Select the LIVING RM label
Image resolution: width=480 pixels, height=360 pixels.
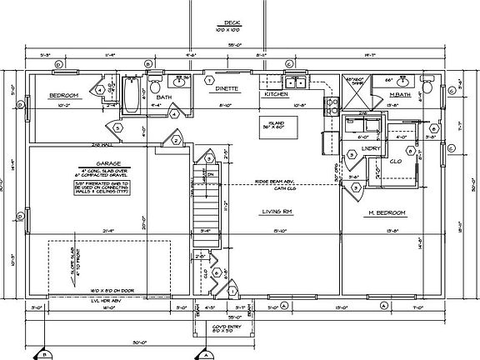click(x=274, y=212)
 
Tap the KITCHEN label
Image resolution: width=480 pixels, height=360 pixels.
click(x=276, y=94)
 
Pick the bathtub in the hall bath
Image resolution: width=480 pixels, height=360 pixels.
click(x=132, y=96)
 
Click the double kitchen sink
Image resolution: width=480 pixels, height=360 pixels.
click(x=296, y=83)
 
